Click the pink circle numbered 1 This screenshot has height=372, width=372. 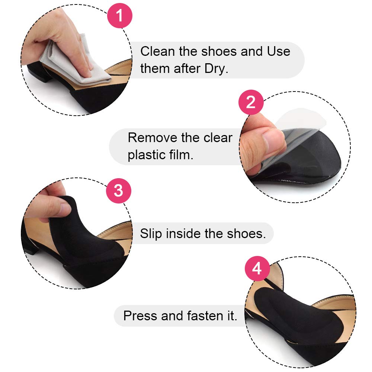click(x=120, y=16)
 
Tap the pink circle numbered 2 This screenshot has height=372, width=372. click(x=251, y=102)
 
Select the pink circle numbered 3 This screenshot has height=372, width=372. click(x=118, y=190)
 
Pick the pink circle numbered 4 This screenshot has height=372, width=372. click(x=257, y=269)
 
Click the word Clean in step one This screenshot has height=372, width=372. click(x=157, y=51)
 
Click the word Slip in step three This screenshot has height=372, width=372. click(x=151, y=234)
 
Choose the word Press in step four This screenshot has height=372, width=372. click(x=140, y=316)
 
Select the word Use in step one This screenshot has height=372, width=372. click(x=279, y=51)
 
